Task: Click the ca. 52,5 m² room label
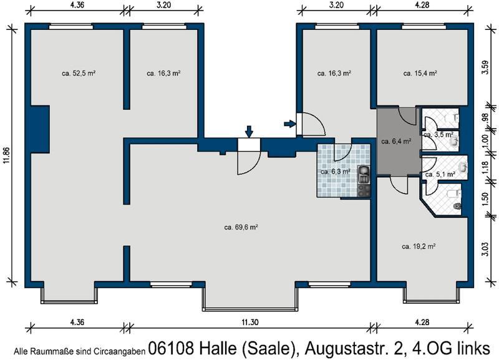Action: pos(78,73)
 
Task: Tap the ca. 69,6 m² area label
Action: pos(241,227)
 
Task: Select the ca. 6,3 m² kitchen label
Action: pos(335,172)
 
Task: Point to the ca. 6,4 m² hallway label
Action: pos(396,142)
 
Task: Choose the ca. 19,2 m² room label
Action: pos(419,246)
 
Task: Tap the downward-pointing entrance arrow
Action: pos(249,131)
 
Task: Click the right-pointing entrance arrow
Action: pos(289,124)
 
